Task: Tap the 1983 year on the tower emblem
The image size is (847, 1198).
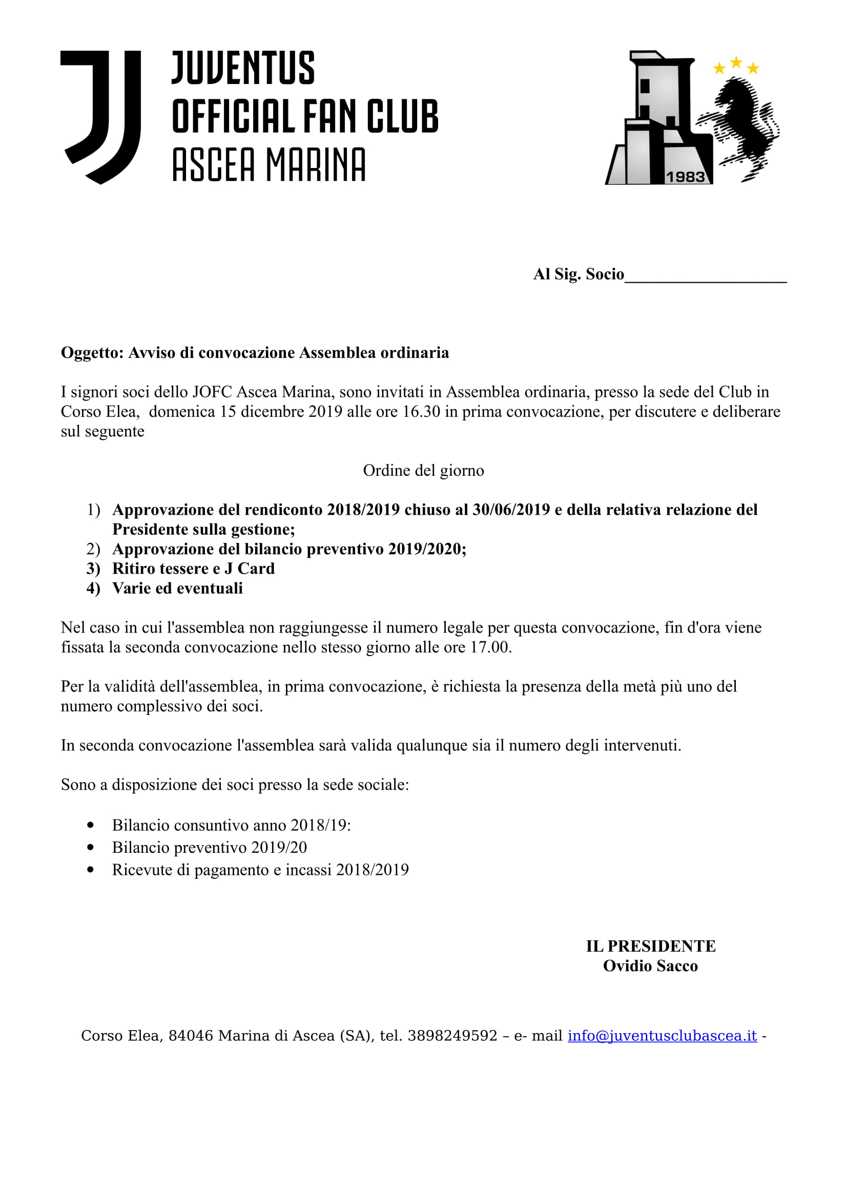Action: coord(685,177)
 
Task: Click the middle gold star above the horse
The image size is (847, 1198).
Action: coord(736,62)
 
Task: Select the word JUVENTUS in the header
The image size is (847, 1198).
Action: coord(243,68)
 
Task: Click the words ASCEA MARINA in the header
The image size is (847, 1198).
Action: coord(269,164)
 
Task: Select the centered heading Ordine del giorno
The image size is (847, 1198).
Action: coord(423,471)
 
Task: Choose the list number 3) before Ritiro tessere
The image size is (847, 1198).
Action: coord(93,569)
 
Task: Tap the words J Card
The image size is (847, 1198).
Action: coord(250,569)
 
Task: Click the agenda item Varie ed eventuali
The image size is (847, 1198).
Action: coord(177,589)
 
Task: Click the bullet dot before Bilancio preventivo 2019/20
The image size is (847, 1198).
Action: coord(91,847)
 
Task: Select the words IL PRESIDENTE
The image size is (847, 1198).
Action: coord(650,947)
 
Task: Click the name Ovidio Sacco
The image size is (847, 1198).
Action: coord(650,966)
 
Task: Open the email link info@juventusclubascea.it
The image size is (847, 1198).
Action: coord(662,1036)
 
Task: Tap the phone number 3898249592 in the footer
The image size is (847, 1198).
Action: coord(452,1036)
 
